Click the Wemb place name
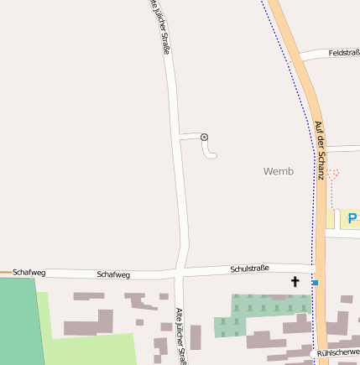[x=279, y=171]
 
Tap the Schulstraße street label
[x=249, y=269]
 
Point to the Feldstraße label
[x=343, y=52]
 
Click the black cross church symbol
[x=295, y=281]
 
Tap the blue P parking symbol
[x=352, y=219]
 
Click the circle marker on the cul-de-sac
[x=204, y=137]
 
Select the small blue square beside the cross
[x=315, y=283]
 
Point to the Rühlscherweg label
[x=339, y=354]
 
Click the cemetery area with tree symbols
[x=260, y=312]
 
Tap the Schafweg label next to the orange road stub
[x=29, y=273]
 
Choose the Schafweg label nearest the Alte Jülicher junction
[x=112, y=274]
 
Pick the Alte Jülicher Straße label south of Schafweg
[x=180, y=336]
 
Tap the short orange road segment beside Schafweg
[x=6, y=273]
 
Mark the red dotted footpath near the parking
[x=333, y=189]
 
